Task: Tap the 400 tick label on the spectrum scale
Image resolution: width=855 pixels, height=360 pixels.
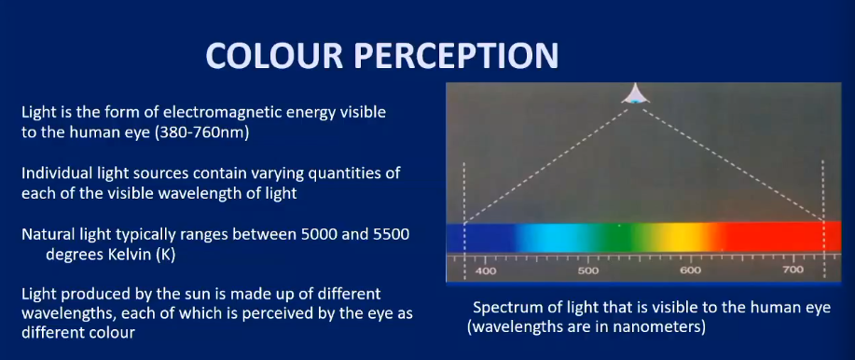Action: (x=486, y=270)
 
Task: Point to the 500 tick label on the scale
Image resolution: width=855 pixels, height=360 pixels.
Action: (x=587, y=270)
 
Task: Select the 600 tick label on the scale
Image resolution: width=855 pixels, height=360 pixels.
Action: (x=690, y=270)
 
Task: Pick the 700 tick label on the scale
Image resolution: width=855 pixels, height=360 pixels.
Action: (x=793, y=270)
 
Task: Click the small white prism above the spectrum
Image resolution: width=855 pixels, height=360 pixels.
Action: (x=636, y=94)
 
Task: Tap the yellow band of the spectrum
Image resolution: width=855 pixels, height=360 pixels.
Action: (x=685, y=237)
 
